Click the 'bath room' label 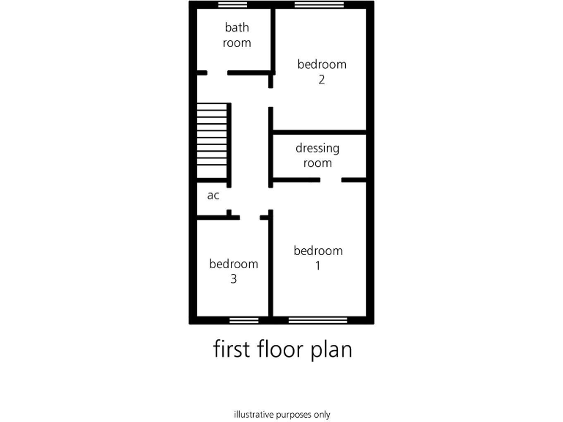point(237,35)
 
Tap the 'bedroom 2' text point(321,72)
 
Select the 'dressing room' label point(317,155)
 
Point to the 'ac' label point(213,196)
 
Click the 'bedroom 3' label point(233,271)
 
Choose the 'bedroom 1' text point(317,258)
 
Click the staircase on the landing point(213,141)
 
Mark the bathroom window point(232,4)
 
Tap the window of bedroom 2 point(319,4)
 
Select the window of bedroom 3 point(243,320)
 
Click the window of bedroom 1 point(317,320)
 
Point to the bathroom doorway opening point(217,73)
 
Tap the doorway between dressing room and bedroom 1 point(331,179)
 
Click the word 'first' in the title point(233,349)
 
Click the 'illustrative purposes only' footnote point(281,414)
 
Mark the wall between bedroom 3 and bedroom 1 point(271,267)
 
